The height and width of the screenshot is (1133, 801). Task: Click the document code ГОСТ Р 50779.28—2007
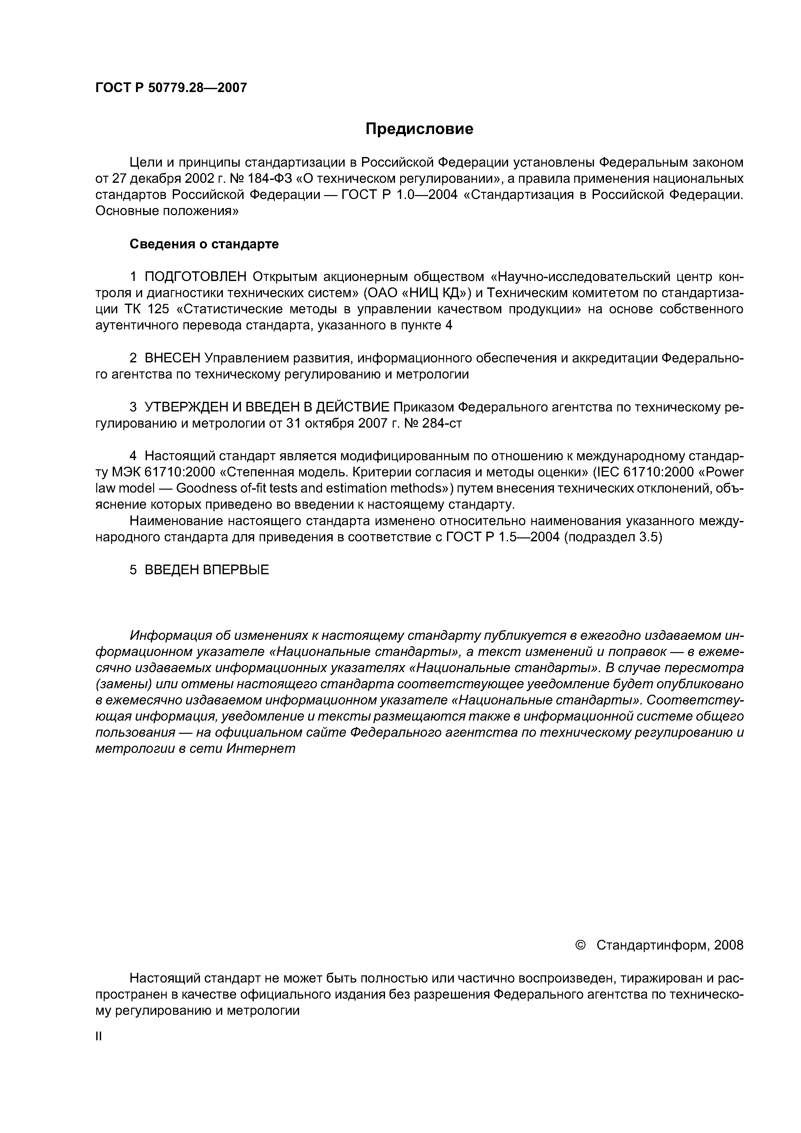click(171, 88)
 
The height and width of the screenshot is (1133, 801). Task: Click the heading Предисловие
click(419, 129)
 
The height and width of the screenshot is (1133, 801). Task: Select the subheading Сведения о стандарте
click(204, 244)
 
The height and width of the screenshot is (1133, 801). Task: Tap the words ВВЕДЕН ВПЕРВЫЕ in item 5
click(207, 570)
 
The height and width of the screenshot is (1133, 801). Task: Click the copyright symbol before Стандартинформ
click(580, 945)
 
